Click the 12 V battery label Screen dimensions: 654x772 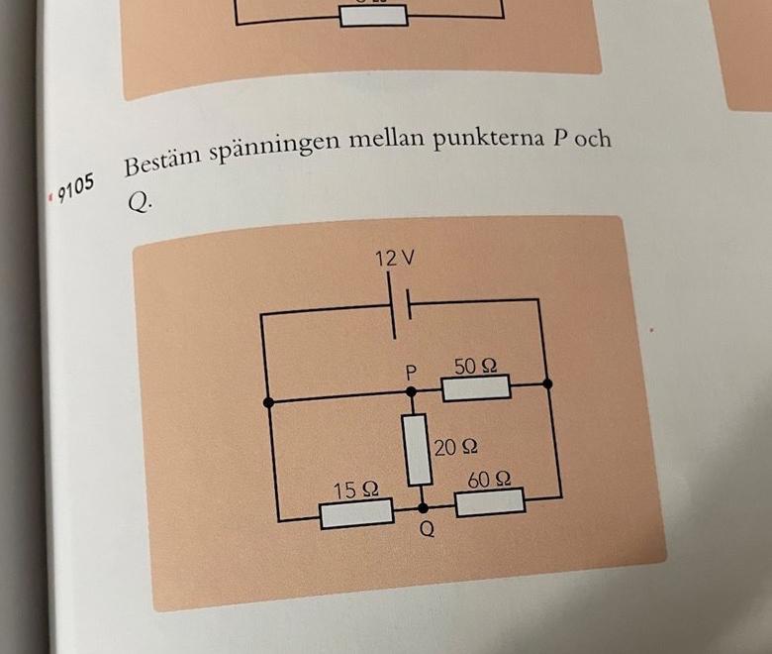point(394,260)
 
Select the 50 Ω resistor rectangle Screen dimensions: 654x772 point(475,387)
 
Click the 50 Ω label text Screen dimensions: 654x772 point(475,366)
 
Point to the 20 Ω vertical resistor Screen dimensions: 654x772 point(416,449)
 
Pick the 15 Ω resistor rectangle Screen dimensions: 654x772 point(355,513)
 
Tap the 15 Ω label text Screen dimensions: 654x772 point(355,490)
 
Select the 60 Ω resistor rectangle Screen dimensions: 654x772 point(490,502)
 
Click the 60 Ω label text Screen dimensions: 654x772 point(490,481)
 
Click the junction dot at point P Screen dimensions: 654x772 point(411,392)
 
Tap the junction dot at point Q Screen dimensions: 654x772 point(425,507)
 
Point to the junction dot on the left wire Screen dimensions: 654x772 point(267,401)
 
